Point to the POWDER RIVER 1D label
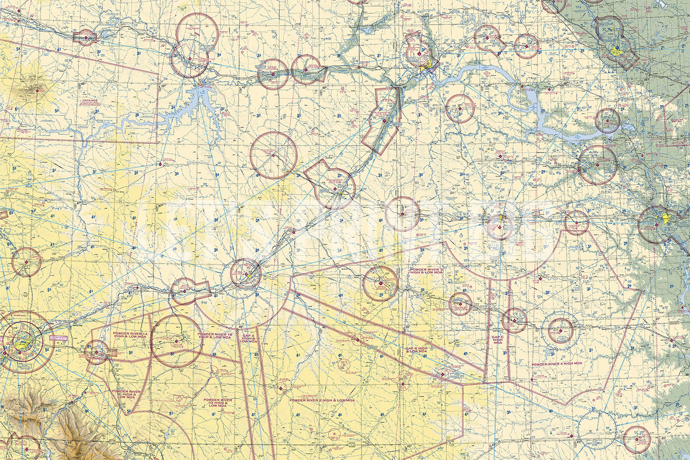pos(218,402)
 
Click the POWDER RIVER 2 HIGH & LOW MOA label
pos(321,400)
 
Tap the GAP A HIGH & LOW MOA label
pos(248,339)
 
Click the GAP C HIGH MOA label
pos(498,340)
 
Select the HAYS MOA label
pos(89,101)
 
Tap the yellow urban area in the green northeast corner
pos(616,49)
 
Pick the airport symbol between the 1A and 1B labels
pos(177,341)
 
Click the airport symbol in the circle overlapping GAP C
pos(514,321)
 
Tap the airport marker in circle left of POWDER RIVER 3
pos(380,284)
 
